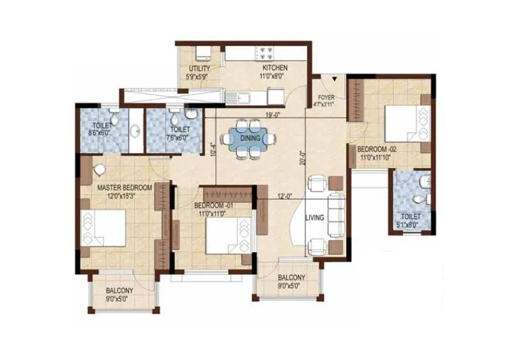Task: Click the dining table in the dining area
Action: pos(249,137)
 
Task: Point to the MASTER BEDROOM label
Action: pos(125,188)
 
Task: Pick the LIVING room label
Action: pos(315,218)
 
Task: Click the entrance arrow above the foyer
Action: pos(334,80)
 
